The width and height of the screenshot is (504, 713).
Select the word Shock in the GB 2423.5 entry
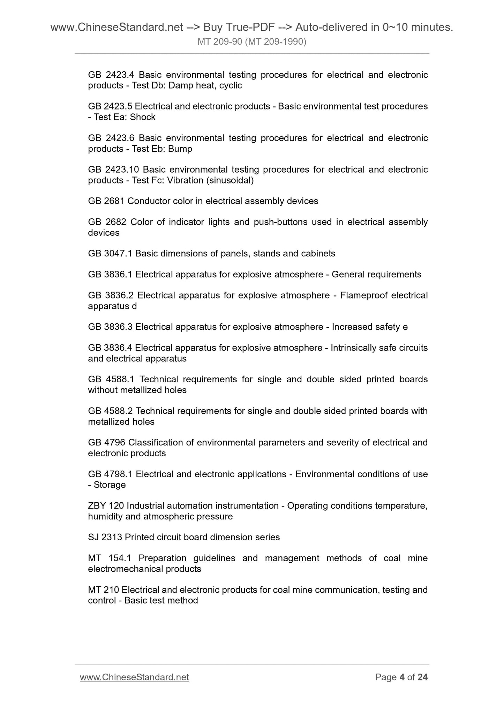coord(142,117)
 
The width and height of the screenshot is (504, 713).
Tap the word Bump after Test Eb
coord(180,149)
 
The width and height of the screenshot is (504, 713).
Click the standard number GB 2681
coord(106,201)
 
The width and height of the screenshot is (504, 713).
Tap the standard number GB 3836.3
coord(110,327)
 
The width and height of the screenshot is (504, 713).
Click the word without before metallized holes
coord(103,390)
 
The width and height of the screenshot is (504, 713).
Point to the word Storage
coord(110,485)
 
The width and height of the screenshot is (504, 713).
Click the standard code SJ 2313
coord(105,537)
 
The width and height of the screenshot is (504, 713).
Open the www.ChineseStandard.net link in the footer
coord(134,677)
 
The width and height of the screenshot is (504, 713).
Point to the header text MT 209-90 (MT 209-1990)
coord(252,42)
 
